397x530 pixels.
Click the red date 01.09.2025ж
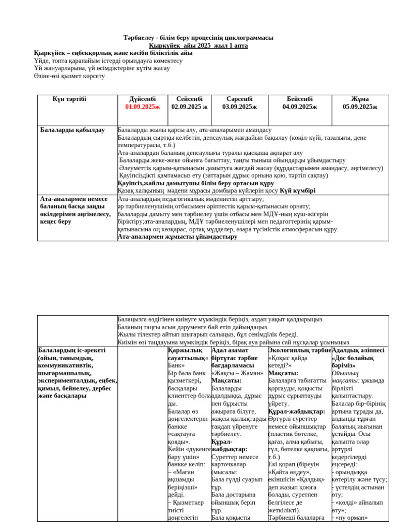[142, 107]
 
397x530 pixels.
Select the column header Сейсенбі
[189, 99]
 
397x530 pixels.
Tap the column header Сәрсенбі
[239, 99]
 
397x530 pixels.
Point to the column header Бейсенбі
[300, 99]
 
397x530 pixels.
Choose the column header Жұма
[360, 99]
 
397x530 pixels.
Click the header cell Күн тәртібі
[69, 99]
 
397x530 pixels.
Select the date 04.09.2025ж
[300, 107]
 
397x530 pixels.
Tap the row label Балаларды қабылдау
[72, 130]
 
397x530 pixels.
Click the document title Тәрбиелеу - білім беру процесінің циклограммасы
[198, 38]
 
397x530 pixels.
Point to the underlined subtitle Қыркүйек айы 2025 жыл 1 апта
[198, 46]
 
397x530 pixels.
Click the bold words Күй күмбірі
[297, 190]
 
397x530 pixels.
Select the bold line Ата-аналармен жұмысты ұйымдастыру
[177, 237]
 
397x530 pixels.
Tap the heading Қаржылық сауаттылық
[188, 354]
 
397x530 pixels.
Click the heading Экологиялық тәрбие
[299, 350]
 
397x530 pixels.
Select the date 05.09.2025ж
[360, 107]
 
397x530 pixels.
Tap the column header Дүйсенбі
[142, 99]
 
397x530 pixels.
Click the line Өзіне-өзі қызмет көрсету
[69, 76]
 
